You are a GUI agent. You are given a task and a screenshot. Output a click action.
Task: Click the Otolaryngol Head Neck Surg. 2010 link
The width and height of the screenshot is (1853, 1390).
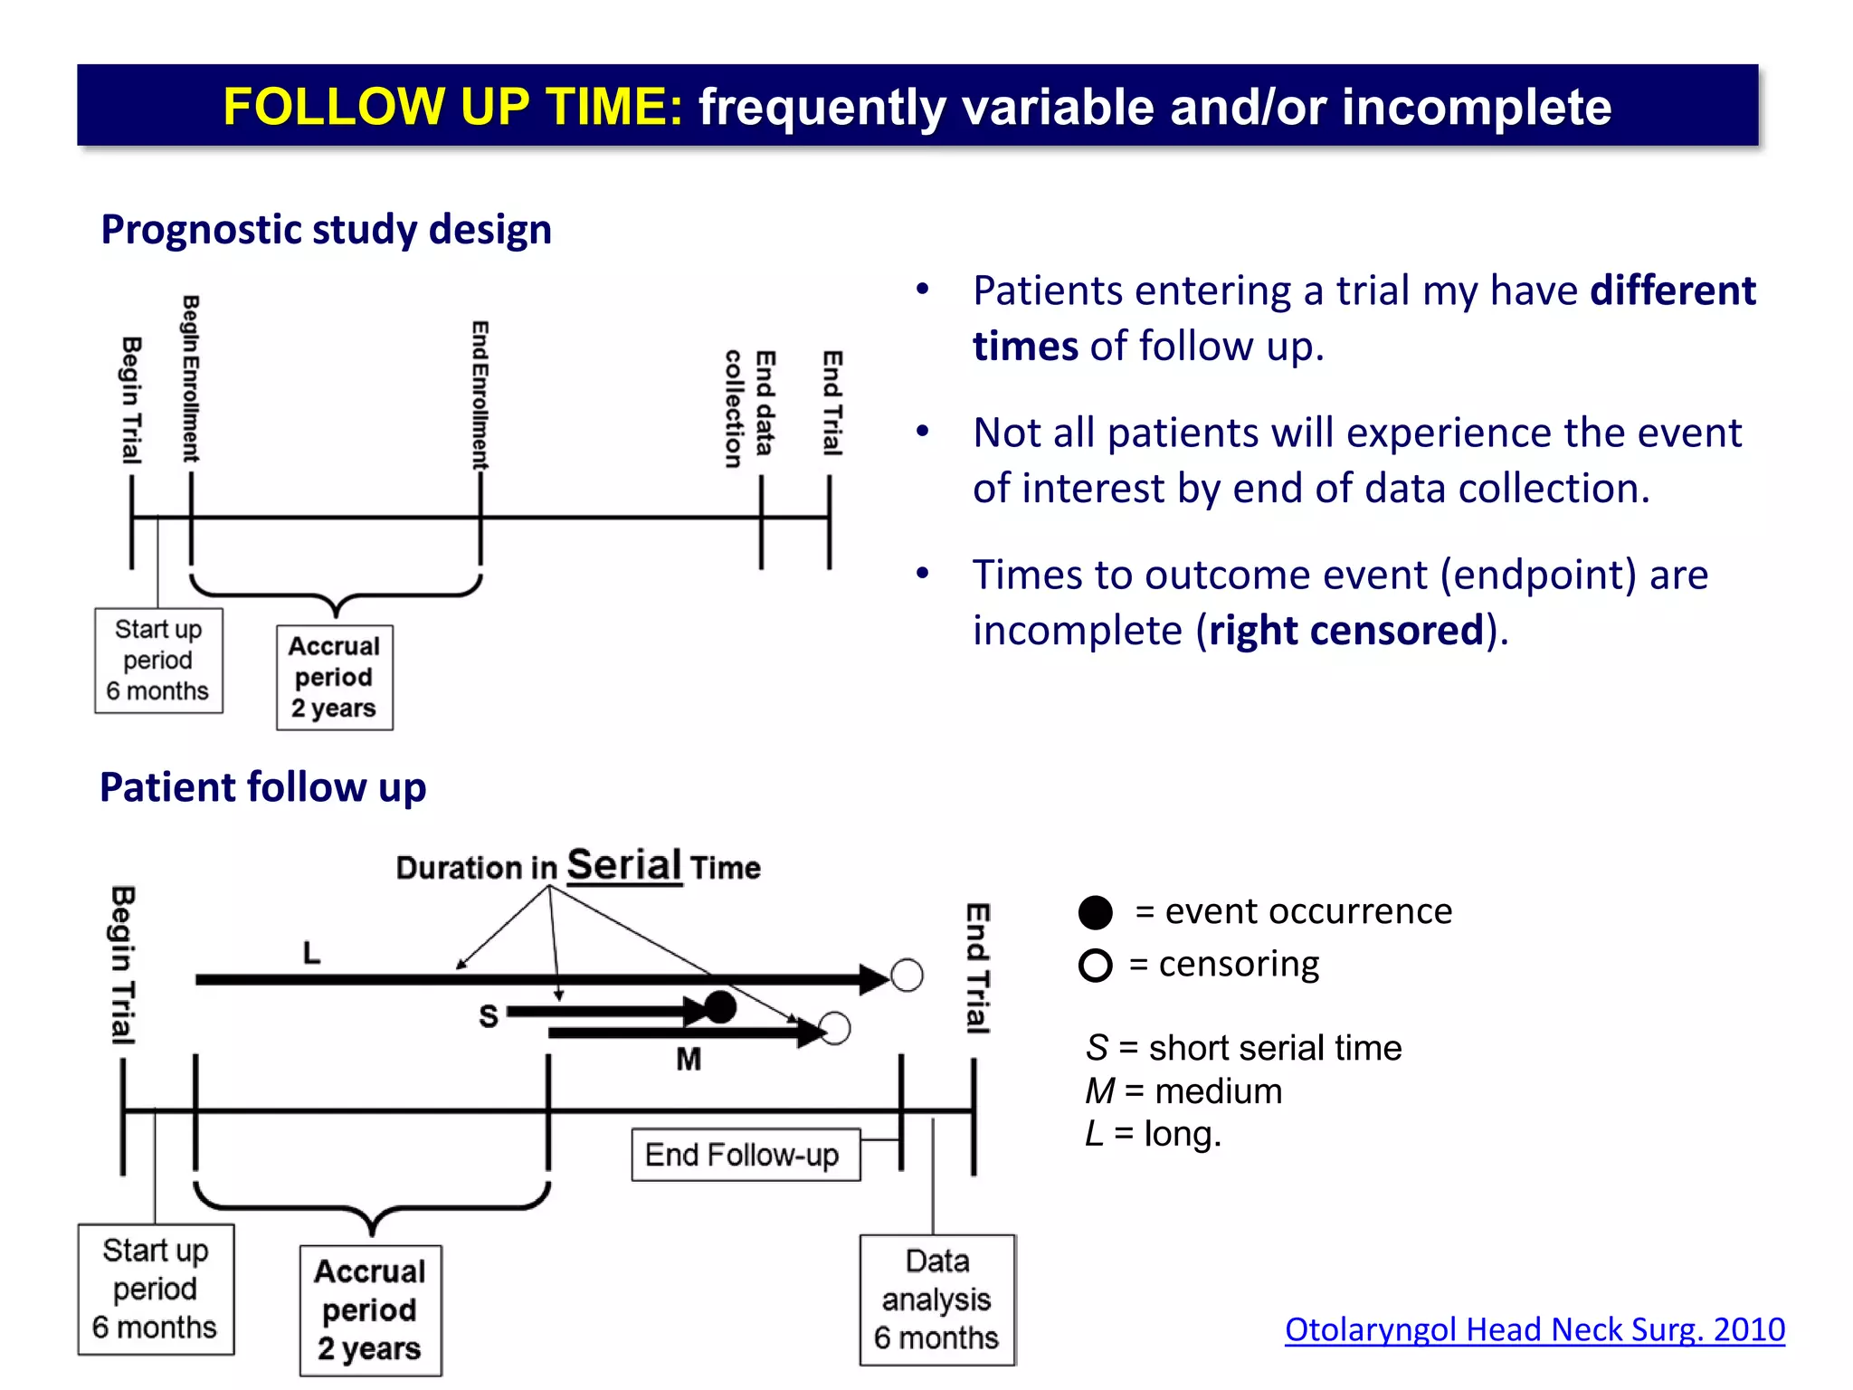pos(1534,1329)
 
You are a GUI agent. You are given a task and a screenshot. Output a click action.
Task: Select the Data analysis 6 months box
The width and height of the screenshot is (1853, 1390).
pos(936,1300)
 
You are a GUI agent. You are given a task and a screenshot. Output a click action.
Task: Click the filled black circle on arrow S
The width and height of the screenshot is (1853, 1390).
pos(720,1006)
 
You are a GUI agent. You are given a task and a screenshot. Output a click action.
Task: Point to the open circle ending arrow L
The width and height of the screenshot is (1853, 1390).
pos(907,976)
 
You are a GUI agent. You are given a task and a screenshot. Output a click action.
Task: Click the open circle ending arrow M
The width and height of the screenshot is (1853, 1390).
pos(834,1028)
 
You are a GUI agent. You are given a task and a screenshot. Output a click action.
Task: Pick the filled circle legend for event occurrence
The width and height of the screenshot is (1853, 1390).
pos(1095,912)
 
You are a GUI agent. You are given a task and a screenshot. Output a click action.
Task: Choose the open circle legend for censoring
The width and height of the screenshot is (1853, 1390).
pos(1095,966)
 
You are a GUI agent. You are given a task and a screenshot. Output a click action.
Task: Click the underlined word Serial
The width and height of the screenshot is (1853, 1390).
pos(623,865)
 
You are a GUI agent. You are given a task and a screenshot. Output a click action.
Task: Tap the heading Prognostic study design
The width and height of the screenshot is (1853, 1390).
pos(326,229)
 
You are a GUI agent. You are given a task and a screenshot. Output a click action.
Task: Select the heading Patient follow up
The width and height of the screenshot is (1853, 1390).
pos(262,786)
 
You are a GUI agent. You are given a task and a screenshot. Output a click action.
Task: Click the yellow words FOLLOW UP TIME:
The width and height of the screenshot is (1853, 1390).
pos(452,107)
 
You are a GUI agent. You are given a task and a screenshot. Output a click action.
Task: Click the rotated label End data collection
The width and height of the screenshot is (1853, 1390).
pos(749,407)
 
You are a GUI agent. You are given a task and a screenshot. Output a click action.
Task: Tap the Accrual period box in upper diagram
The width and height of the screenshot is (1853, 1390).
pos(334,677)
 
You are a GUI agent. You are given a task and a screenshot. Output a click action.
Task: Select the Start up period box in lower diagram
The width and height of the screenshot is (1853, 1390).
pos(156,1289)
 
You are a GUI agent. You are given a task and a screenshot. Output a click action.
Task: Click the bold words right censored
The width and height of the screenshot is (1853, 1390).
pos(1346,630)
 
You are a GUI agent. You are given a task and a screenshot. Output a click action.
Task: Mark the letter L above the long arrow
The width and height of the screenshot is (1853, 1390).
pos(311,952)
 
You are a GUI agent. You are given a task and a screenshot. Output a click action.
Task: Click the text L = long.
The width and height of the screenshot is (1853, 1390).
pos(1153,1133)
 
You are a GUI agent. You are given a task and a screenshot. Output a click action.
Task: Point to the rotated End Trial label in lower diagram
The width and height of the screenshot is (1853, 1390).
pos(977,968)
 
